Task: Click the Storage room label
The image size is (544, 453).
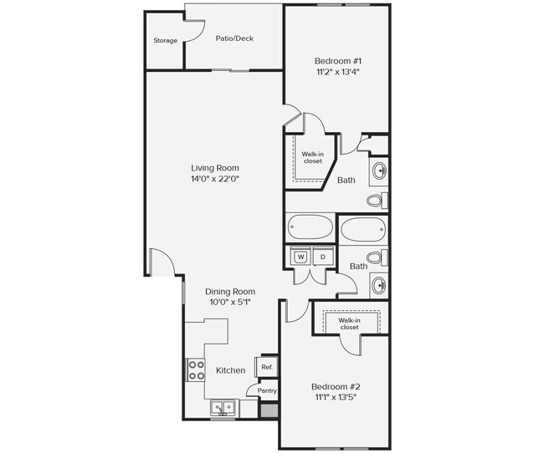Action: pyautogui.click(x=166, y=41)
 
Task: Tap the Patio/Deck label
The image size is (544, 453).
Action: pyautogui.click(x=234, y=38)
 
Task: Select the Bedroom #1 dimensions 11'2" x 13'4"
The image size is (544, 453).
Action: pyautogui.click(x=338, y=72)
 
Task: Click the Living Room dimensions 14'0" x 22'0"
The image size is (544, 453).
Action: pyautogui.click(x=215, y=179)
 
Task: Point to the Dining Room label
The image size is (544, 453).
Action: pyautogui.click(x=230, y=291)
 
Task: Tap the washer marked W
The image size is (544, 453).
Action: pyautogui.click(x=300, y=257)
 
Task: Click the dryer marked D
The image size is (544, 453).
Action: pyautogui.click(x=323, y=257)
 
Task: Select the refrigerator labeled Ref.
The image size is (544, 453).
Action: pyautogui.click(x=267, y=367)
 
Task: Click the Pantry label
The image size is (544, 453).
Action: pyautogui.click(x=267, y=390)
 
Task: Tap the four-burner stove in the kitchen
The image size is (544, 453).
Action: pyautogui.click(x=196, y=370)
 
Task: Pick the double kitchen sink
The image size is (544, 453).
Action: pyautogui.click(x=223, y=407)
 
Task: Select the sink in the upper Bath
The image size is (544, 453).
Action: pyautogui.click(x=380, y=171)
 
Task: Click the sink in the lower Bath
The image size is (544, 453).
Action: pyautogui.click(x=380, y=286)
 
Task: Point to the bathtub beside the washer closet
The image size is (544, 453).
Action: pyautogui.click(x=310, y=227)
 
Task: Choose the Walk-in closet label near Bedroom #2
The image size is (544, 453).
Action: pyautogui.click(x=349, y=323)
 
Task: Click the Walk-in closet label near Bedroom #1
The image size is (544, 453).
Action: pyautogui.click(x=312, y=158)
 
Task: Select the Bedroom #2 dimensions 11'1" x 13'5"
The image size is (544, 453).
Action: pyautogui.click(x=336, y=397)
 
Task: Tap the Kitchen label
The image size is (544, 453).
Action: pyautogui.click(x=231, y=370)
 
